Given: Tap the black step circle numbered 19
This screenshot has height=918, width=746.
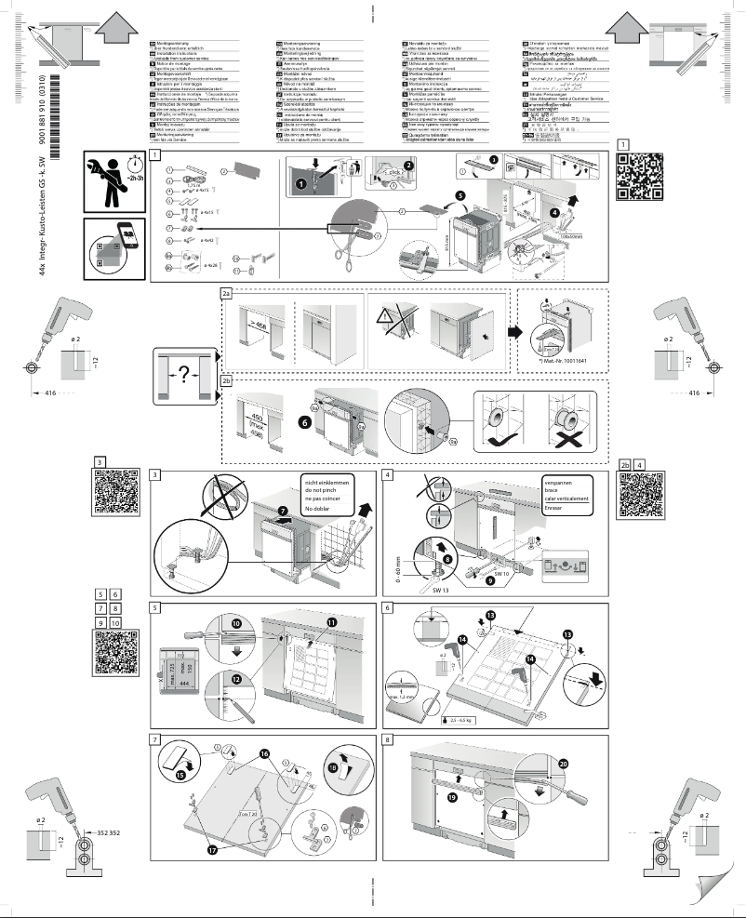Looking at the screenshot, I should click(x=453, y=797).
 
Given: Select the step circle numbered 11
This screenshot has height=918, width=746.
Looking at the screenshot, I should click(x=332, y=621).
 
